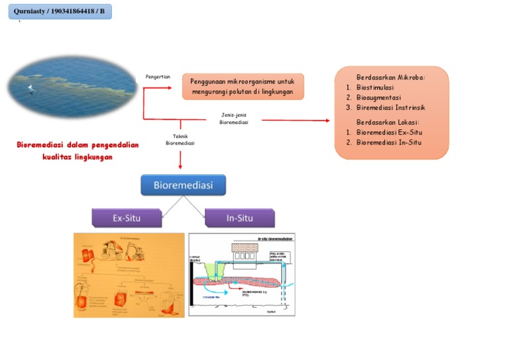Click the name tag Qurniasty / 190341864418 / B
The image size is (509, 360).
click(x=60, y=11)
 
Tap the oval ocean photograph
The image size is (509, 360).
click(x=64, y=87)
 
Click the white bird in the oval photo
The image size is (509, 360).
click(x=30, y=89)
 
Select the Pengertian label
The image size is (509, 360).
click(x=158, y=77)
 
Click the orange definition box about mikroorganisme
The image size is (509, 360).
click(x=243, y=86)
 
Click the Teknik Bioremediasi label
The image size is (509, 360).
click(x=180, y=140)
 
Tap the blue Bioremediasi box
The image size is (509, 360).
click(x=183, y=185)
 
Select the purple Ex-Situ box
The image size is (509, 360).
click(x=126, y=217)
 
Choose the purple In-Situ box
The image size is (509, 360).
click(x=239, y=217)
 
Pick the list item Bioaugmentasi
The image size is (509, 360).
click(x=378, y=97)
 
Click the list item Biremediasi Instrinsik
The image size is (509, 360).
click(x=390, y=107)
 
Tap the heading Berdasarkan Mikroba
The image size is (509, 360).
click(x=390, y=76)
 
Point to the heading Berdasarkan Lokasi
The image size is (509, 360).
click(x=388, y=122)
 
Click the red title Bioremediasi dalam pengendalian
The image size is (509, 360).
click(x=78, y=145)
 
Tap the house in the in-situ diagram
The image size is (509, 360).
click(x=245, y=251)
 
